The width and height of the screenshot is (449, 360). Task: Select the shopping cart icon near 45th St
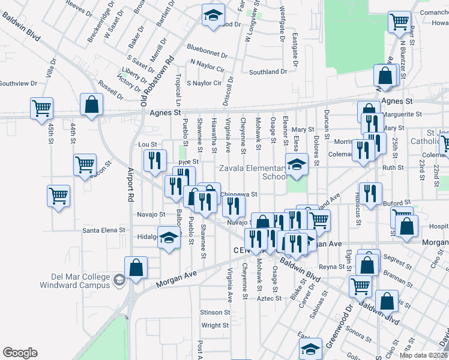tap(41, 109)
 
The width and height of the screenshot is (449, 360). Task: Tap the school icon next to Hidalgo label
tap(169, 238)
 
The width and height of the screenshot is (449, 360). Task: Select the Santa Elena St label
tap(104, 230)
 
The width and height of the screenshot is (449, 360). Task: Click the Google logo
tap(20, 353)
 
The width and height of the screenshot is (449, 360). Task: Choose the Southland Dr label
tap(268, 72)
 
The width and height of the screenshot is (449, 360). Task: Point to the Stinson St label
tap(215, 313)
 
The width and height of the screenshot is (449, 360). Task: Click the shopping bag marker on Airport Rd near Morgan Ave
tap(136, 268)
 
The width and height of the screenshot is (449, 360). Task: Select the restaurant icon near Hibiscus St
tap(370, 193)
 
